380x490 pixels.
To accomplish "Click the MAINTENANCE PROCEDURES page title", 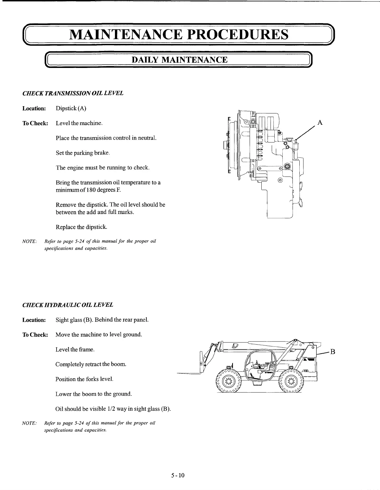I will (x=179, y=34).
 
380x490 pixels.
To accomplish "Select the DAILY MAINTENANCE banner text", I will (x=179, y=60).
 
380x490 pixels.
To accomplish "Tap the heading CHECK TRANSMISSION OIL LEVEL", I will (x=73, y=93).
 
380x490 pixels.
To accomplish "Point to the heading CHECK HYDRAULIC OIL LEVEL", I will (x=68, y=305).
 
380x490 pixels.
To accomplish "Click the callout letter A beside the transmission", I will (x=320, y=123).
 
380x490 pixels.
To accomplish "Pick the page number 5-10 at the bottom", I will (x=178, y=475).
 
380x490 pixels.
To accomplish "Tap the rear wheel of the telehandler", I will (x=291, y=380).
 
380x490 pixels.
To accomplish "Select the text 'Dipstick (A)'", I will (x=71, y=108).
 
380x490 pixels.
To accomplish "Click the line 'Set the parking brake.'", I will (x=83, y=153).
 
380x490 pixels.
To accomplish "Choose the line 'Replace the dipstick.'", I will (x=82, y=227).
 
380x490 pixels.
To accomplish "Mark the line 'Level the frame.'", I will (x=75, y=350).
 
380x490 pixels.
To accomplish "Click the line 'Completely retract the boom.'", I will (x=91, y=364).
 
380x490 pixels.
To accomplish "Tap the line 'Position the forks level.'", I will (x=84, y=379).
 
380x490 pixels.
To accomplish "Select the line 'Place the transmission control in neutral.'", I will (x=106, y=138).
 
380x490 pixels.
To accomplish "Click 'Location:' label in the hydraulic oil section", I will (x=34, y=320).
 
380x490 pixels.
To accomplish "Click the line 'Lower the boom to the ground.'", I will (x=94, y=394).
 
